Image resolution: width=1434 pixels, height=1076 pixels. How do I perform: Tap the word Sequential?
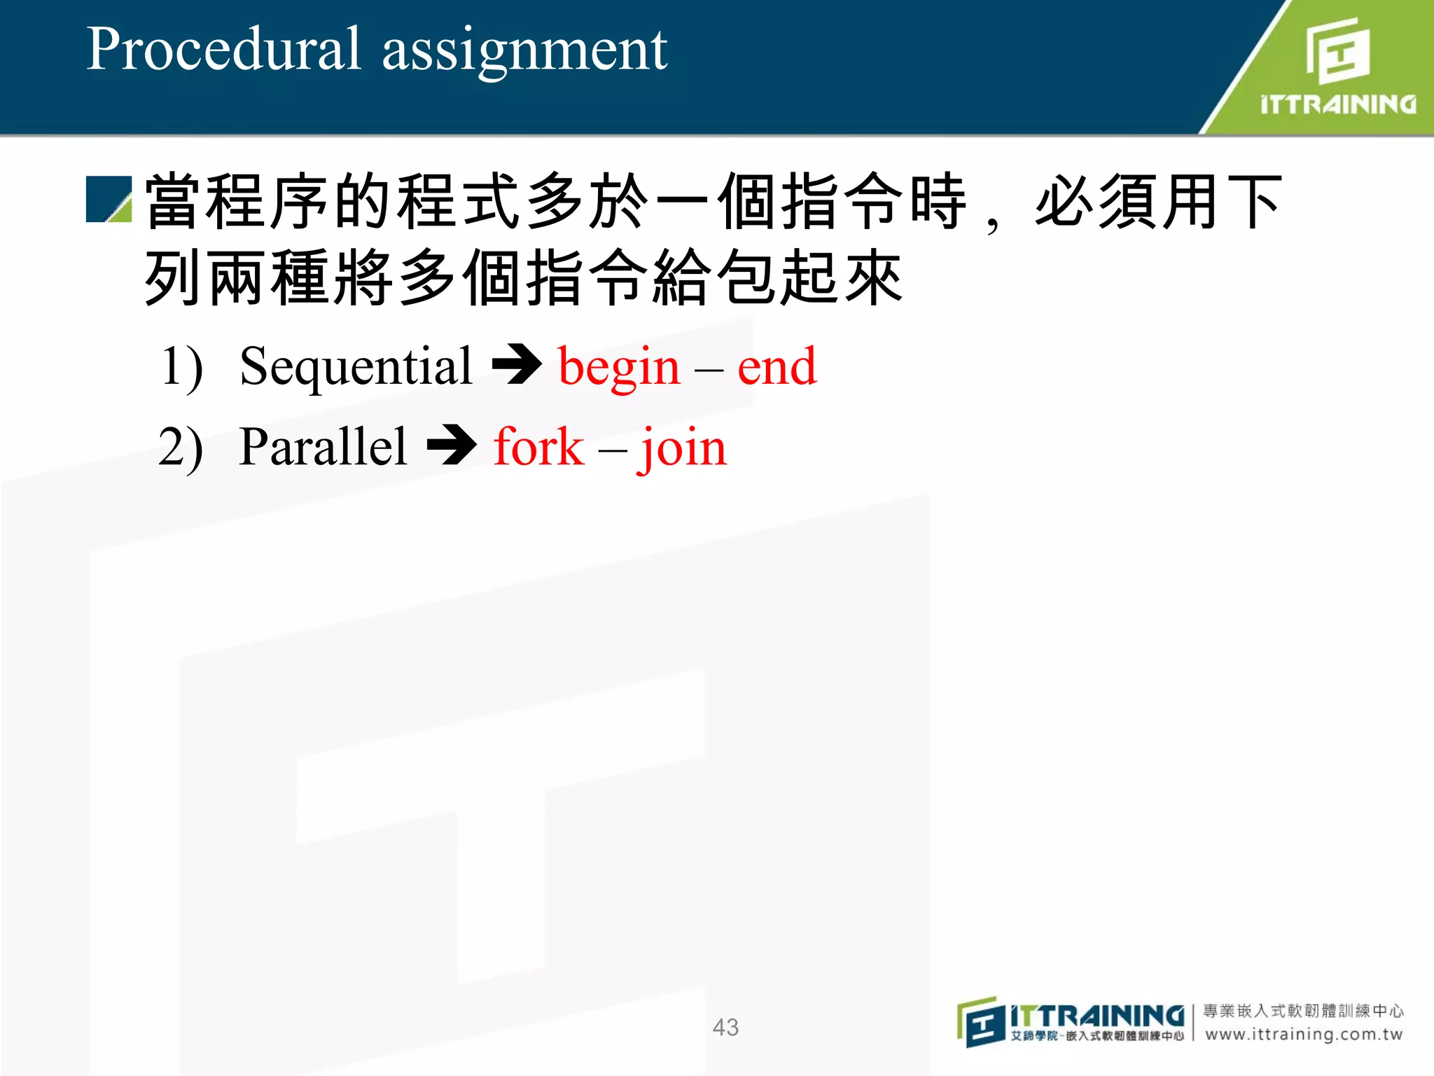356,367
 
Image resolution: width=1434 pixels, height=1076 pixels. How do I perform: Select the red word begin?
619,368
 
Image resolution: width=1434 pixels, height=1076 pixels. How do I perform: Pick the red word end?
777,367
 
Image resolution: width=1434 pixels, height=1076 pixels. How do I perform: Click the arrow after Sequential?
517,364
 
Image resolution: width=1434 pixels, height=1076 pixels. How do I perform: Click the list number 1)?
182,367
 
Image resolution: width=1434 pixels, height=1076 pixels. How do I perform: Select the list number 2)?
181,448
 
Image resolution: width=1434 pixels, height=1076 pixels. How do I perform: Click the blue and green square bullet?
109,200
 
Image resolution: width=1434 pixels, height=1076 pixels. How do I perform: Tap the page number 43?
725,1027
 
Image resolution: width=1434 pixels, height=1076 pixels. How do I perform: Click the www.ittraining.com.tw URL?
1304,1034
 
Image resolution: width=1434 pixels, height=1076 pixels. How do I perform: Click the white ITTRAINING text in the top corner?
1337,105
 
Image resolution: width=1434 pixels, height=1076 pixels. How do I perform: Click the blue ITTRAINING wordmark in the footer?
1097,1015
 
